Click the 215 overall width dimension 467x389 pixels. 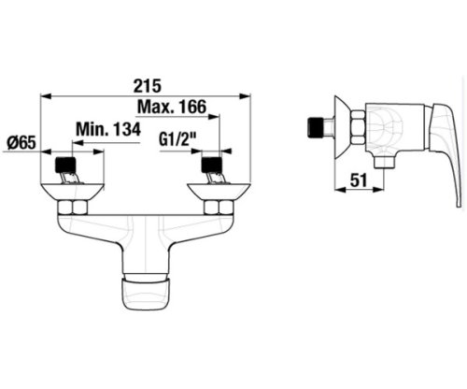[148, 86]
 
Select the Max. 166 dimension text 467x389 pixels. [172, 107]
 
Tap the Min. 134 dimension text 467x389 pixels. [108, 129]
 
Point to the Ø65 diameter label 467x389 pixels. [21, 143]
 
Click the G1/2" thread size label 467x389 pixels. [177, 140]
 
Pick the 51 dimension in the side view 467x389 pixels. [359, 180]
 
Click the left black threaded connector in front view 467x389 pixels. [65, 166]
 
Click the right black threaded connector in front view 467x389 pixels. [212, 166]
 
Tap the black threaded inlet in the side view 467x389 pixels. [317, 127]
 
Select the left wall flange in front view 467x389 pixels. [73, 193]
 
